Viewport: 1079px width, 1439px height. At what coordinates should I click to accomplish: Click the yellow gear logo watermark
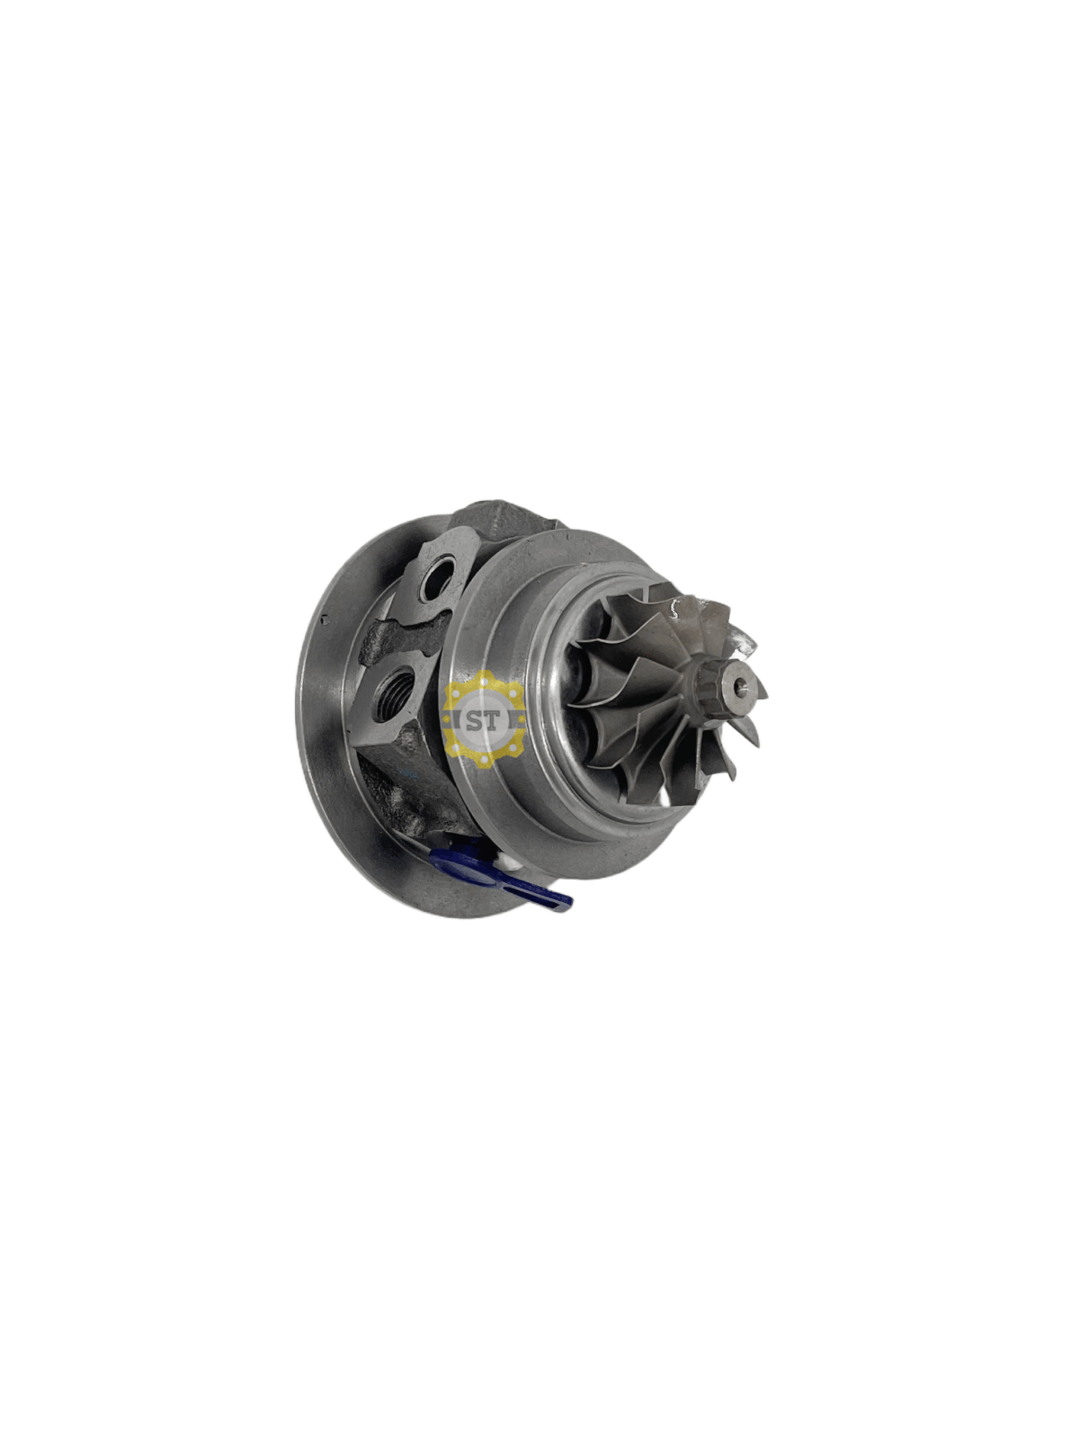pyautogui.click(x=485, y=719)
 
